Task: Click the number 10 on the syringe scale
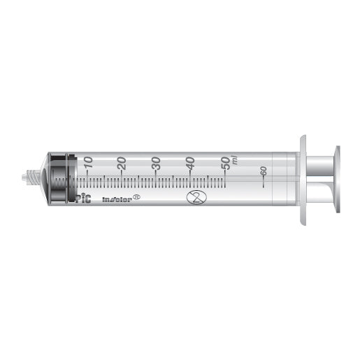(x=88, y=162)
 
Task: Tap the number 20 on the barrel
(x=122, y=162)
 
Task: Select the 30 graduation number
(x=157, y=162)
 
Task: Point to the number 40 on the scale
(x=191, y=162)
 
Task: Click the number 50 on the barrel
(x=225, y=162)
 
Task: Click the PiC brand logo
(x=82, y=199)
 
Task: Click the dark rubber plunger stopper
(x=62, y=180)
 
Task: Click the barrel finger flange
(x=305, y=180)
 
